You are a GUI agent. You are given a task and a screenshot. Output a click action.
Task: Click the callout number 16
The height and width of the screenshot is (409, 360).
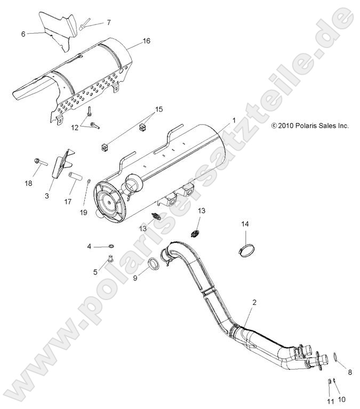point(147,41)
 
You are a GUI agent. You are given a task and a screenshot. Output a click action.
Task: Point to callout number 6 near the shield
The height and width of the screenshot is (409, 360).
point(23,34)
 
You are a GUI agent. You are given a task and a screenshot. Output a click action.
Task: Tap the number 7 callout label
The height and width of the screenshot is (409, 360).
point(109,22)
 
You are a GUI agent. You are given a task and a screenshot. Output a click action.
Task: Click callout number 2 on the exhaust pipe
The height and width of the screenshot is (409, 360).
point(254,302)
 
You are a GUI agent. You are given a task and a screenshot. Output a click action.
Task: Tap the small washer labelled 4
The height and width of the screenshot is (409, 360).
point(110,246)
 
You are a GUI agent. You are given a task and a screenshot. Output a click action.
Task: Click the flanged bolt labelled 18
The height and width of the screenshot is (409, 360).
point(41,160)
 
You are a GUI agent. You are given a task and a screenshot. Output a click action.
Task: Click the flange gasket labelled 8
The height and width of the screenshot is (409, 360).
point(337,357)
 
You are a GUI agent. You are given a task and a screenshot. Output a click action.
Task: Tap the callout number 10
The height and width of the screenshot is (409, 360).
point(342,398)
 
